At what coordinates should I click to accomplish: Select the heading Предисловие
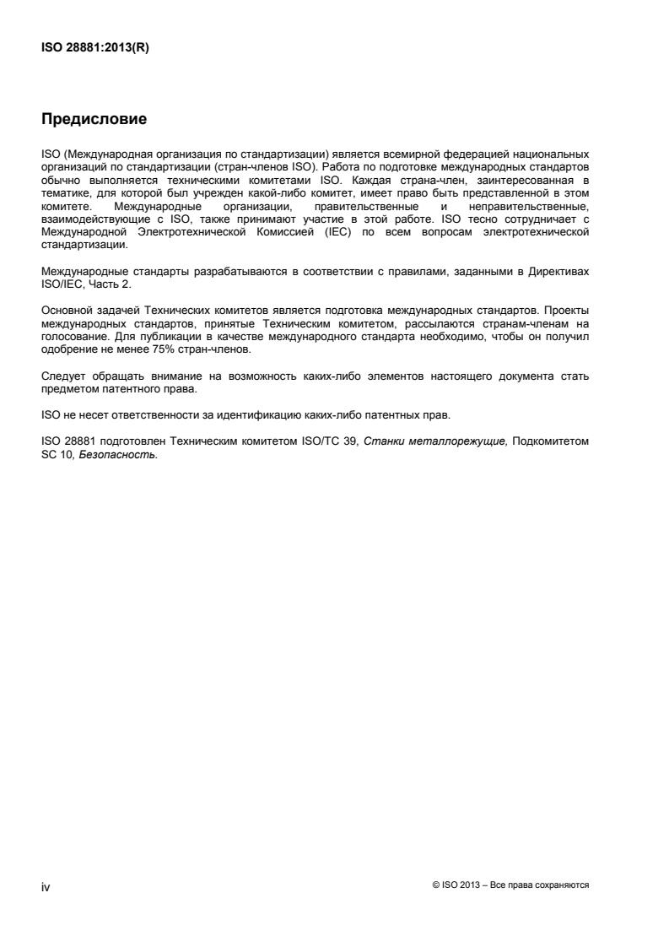pyautogui.click(x=94, y=120)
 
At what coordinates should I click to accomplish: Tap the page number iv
pyautogui.click(x=46, y=886)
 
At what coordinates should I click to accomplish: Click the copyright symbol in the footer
pyautogui.click(x=434, y=885)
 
